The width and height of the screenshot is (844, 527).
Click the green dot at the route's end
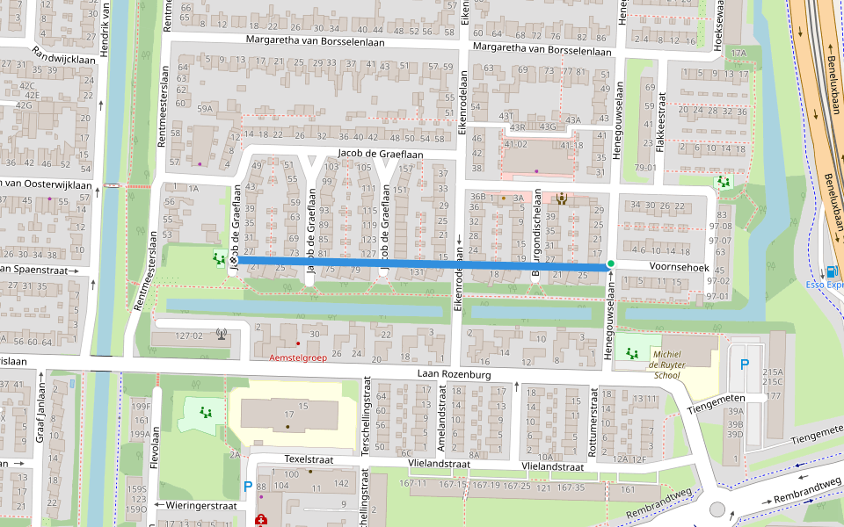[x=610, y=264]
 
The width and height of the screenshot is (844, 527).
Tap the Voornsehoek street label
[x=680, y=264]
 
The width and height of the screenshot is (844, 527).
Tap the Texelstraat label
[x=309, y=459]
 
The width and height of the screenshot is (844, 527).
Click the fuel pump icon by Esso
[x=832, y=271]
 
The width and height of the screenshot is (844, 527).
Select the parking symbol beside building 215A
[x=746, y=364]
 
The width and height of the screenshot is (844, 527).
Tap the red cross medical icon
[x=261, y=521]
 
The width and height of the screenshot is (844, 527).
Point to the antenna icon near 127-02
[x=220, y=334]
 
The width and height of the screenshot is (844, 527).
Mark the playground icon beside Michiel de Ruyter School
[x=631, y=353]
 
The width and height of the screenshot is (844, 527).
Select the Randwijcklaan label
[x=63, y=60]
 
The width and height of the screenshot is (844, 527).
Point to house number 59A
[x=205, y=109]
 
